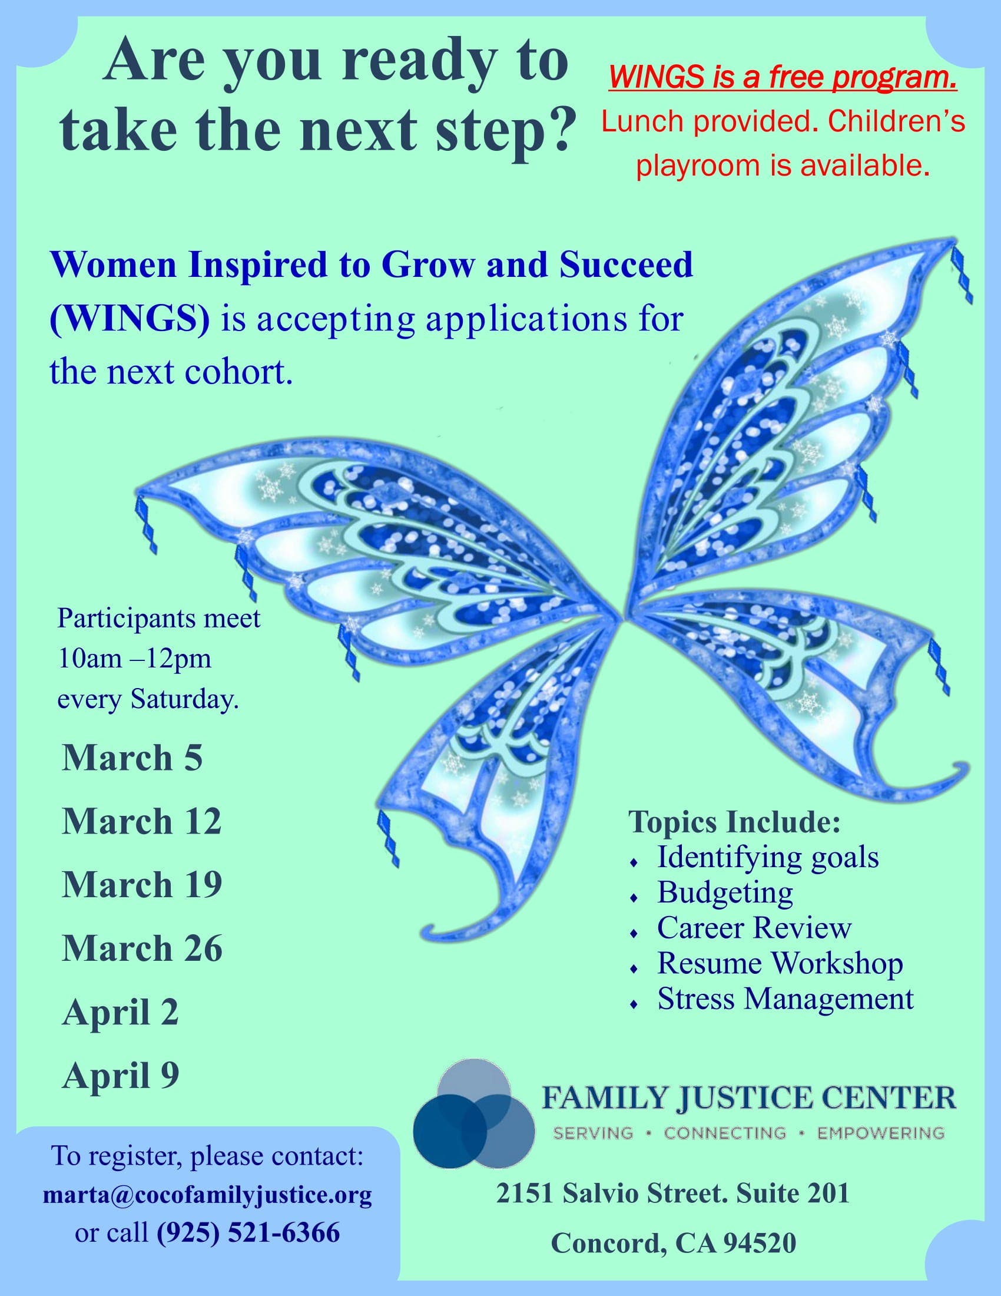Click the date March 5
132,758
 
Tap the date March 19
142,885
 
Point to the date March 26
142,948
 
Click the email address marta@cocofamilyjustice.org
207,1195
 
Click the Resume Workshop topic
780,963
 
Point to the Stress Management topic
785,999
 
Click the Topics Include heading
734,822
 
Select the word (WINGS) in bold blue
130,319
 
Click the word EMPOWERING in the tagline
881,1133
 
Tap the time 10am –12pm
134,659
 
